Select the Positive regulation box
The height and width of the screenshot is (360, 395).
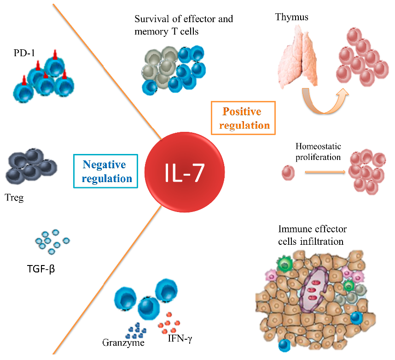tap(243, 118)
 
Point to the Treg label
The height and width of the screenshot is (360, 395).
tap(14, 199)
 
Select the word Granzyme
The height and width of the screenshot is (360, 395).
tap(123, 343)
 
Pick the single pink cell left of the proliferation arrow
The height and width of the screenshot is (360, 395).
tap(287, 173)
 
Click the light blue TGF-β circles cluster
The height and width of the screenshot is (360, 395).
tap(51, 239)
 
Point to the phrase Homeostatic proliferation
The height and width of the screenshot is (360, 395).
tap(319, 152)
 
